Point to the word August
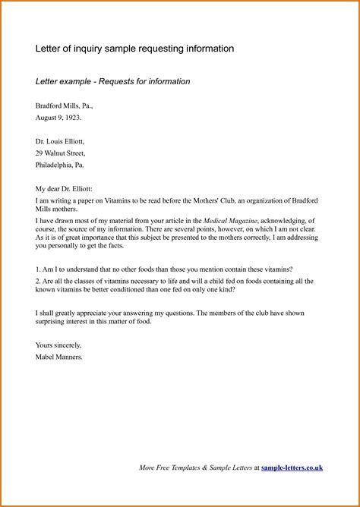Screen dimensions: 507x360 [x=49, y=118]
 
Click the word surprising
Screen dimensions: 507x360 [x=54, y=322]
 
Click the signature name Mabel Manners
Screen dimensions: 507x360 [x=58, y=356]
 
